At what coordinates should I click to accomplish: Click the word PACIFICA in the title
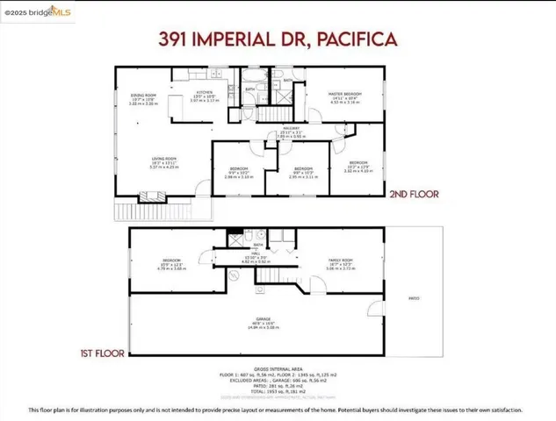[x=351, y=39]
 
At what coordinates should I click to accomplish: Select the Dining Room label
[x=144, y=96]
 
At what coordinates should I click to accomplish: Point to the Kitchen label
[x=204, y=93]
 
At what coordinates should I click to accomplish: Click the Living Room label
[x=165, y=161]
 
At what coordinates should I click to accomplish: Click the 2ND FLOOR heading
[x=413, y=195]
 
